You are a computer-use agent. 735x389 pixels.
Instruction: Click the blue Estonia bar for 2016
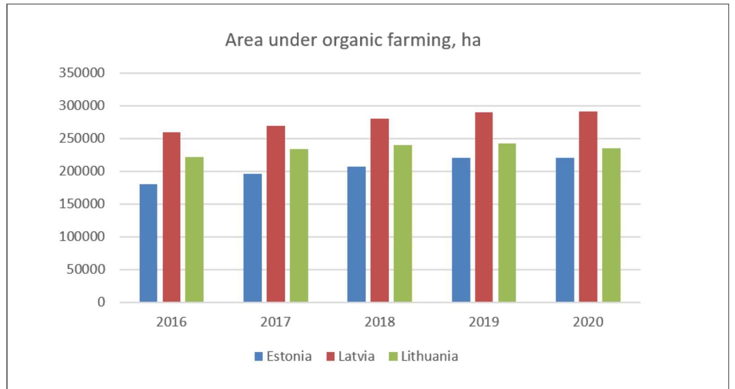148,243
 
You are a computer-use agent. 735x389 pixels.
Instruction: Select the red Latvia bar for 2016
172,217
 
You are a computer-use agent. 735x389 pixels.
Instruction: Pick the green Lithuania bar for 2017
299,225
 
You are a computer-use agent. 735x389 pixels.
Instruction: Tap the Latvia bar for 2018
380,210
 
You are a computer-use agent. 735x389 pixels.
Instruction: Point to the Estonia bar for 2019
461,230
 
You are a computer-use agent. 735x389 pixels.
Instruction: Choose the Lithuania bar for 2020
611,225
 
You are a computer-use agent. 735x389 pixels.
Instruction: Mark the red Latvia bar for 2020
588,206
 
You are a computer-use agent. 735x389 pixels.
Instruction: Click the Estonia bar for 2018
356,234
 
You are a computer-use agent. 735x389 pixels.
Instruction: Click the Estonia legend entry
283,356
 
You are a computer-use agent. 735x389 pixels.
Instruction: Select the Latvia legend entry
350,356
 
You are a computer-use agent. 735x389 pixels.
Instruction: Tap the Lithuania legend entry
423,356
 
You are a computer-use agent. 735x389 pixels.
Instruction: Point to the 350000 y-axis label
82,73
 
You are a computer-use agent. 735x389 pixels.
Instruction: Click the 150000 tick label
82,204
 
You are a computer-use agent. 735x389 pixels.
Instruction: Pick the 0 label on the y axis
101,302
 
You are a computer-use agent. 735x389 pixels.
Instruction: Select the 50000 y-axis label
85,270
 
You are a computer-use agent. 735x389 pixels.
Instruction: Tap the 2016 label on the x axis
171,322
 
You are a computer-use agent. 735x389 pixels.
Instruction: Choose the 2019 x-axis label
484,322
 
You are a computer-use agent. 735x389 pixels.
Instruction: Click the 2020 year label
588,322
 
